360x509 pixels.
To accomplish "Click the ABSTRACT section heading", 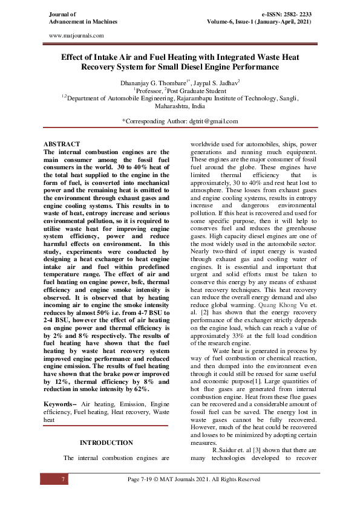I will [63, 144].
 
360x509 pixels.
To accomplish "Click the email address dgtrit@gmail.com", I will [207, 121].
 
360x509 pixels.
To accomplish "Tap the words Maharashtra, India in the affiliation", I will [180, 105].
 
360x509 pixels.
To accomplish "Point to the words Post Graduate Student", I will [201, 88].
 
